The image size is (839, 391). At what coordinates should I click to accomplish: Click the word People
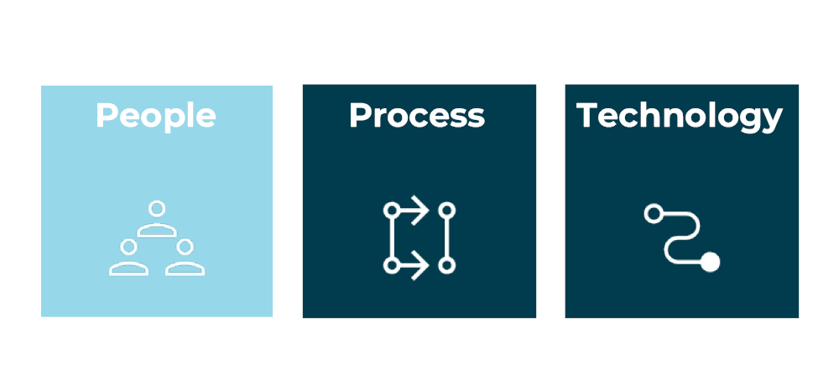156,116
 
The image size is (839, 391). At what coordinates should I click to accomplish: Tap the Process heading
417,116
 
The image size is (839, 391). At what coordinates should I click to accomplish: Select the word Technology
680,116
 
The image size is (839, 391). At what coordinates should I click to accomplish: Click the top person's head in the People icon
157,208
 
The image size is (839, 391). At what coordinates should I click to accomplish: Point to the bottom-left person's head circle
128,247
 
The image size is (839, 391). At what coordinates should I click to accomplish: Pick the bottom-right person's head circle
185,247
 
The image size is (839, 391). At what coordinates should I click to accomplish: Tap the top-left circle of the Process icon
392,211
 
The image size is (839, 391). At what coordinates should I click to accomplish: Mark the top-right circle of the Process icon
447,211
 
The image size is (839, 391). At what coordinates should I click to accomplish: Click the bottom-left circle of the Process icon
392,265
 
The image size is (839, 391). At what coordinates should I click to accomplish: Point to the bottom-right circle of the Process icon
447,265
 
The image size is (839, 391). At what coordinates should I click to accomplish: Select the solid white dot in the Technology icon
710,262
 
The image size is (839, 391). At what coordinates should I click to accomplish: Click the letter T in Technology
586,116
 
